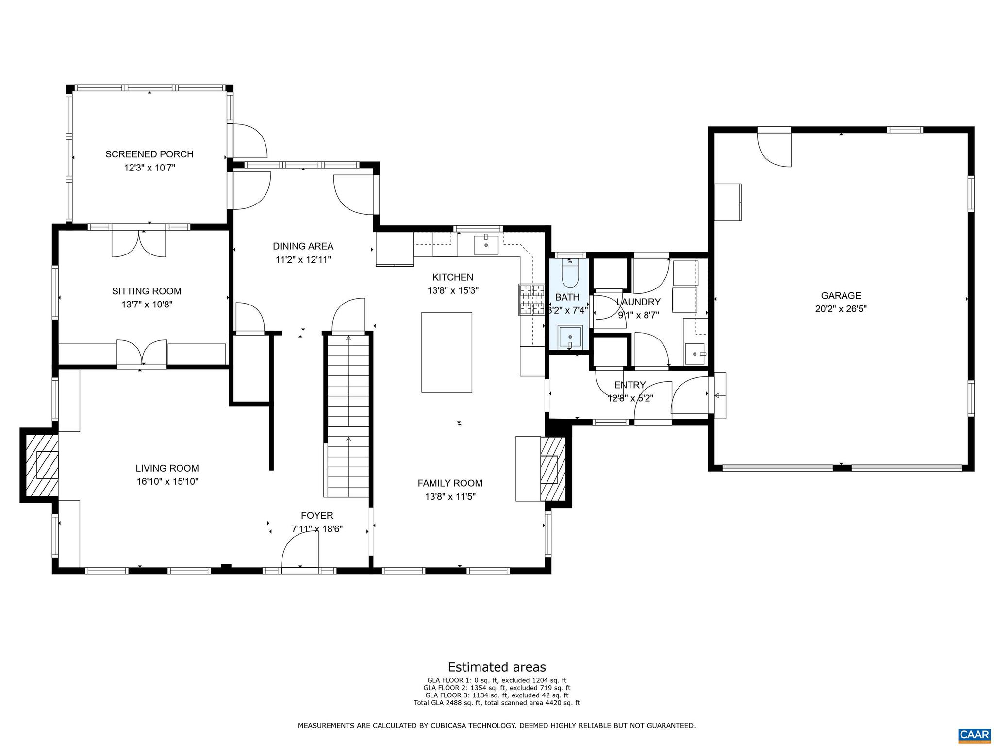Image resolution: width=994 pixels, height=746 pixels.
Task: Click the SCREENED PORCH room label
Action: coord(149,154)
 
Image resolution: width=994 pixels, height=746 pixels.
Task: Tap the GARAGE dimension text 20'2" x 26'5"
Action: coord(841,309)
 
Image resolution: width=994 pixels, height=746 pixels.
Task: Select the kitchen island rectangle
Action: coord(447,352)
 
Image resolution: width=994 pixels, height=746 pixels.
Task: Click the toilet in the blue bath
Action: coord(568,275)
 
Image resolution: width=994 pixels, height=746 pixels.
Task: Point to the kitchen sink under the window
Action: coord(486,244)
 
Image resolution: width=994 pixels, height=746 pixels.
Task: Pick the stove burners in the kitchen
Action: coord(531,299)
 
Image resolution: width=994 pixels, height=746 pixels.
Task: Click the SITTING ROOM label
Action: coord(147,291)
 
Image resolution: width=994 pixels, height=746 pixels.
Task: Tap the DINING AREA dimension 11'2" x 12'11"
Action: coord(303,260)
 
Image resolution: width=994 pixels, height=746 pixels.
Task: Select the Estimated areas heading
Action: coord(497,667)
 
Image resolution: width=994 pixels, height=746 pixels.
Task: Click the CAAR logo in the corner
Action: coord(974,734)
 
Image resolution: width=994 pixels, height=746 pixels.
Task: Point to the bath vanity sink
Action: coord(570,336)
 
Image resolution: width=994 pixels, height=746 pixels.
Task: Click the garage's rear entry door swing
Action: coord(774,148)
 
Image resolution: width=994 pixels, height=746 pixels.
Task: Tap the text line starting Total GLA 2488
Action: coord(497,702)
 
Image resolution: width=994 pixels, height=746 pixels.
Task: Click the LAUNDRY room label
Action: coord(638,302)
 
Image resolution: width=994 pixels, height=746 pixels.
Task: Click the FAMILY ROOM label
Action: coord(450,483)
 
